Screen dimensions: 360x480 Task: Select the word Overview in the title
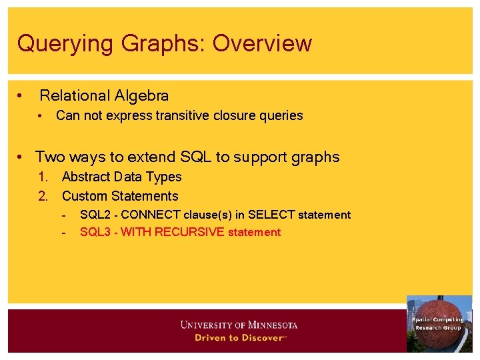coord(262,43)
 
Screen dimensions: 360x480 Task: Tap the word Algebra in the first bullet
coord(142,96)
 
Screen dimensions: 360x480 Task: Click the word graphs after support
coord(315,158)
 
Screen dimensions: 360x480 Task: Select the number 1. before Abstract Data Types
coord(43,177)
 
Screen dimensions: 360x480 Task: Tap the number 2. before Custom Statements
coord(43,196)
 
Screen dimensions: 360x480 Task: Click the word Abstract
coord(86,177)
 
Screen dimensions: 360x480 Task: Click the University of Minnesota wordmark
coord(239,325)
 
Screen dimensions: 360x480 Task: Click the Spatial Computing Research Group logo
coord(439,323)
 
